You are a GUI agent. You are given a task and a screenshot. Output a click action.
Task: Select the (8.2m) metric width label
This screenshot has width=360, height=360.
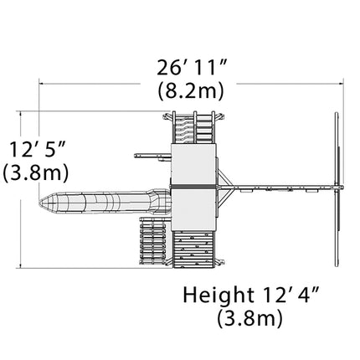[x=191, y=91]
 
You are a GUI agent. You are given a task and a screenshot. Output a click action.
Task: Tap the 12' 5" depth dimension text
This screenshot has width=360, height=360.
[x=38, y=149]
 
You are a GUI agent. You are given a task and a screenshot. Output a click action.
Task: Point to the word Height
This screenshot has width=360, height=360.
[x=219, y=296]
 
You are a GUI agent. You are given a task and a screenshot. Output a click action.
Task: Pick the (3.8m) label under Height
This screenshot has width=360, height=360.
[x=249, y=318]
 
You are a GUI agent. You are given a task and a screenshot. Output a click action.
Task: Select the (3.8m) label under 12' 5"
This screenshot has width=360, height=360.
[x=36, y=173]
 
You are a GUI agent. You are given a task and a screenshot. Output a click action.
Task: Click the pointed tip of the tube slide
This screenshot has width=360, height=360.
[x=40, y=202]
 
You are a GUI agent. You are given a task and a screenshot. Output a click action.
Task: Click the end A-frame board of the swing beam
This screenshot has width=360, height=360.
[x=337, y=189]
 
